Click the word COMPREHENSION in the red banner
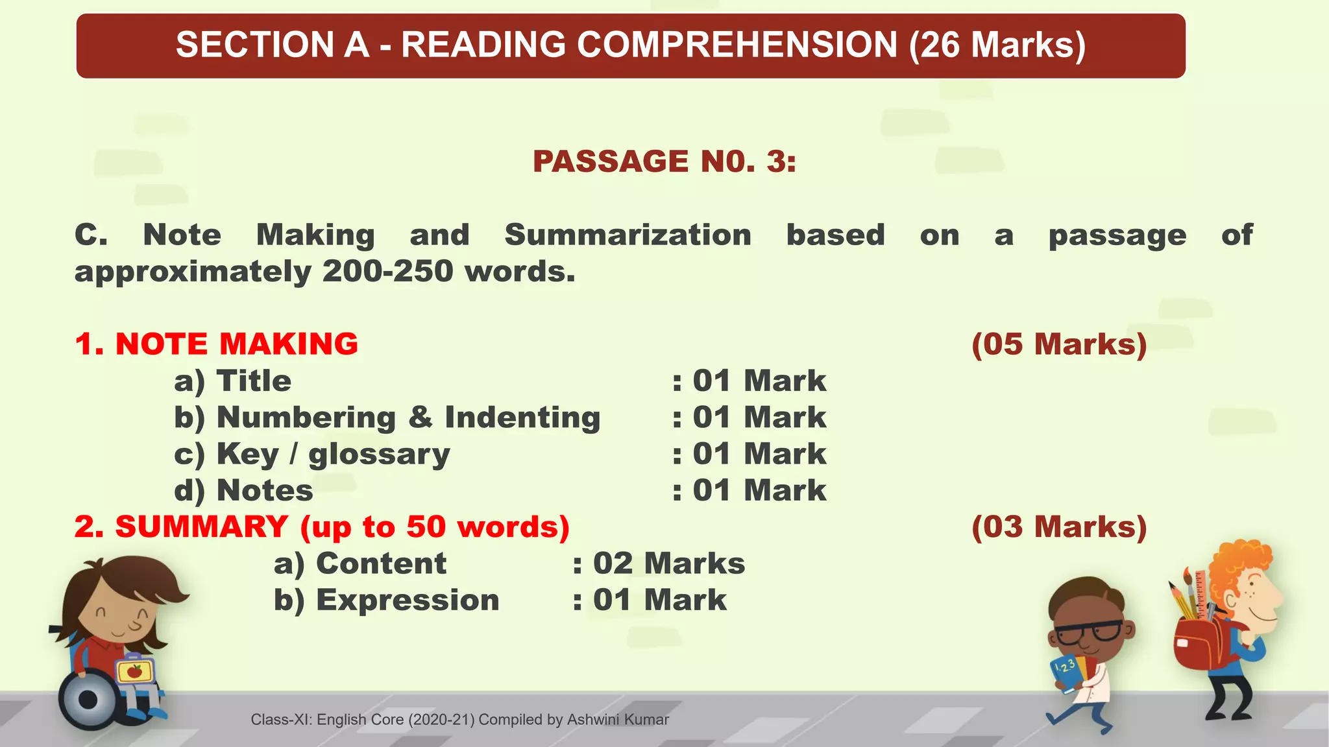coord(737,45)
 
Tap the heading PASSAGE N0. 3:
coord(664,161)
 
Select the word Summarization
coord(628,235)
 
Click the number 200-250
coord(387,271)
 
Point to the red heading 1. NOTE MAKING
coord(217,344)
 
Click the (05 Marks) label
coord(1058,344)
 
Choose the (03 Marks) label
coord(1058,527)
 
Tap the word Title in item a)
coord(254,381)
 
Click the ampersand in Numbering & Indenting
coord(421,417)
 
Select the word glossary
coord(379,454)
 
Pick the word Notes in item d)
coord(265,490)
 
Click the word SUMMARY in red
coord(201,527)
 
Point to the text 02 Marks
coord(668,563)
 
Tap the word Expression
coord(408,600)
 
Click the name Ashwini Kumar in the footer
coord(618,720)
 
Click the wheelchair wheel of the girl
coord(88,700)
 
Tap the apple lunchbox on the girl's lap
coord(134,670)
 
